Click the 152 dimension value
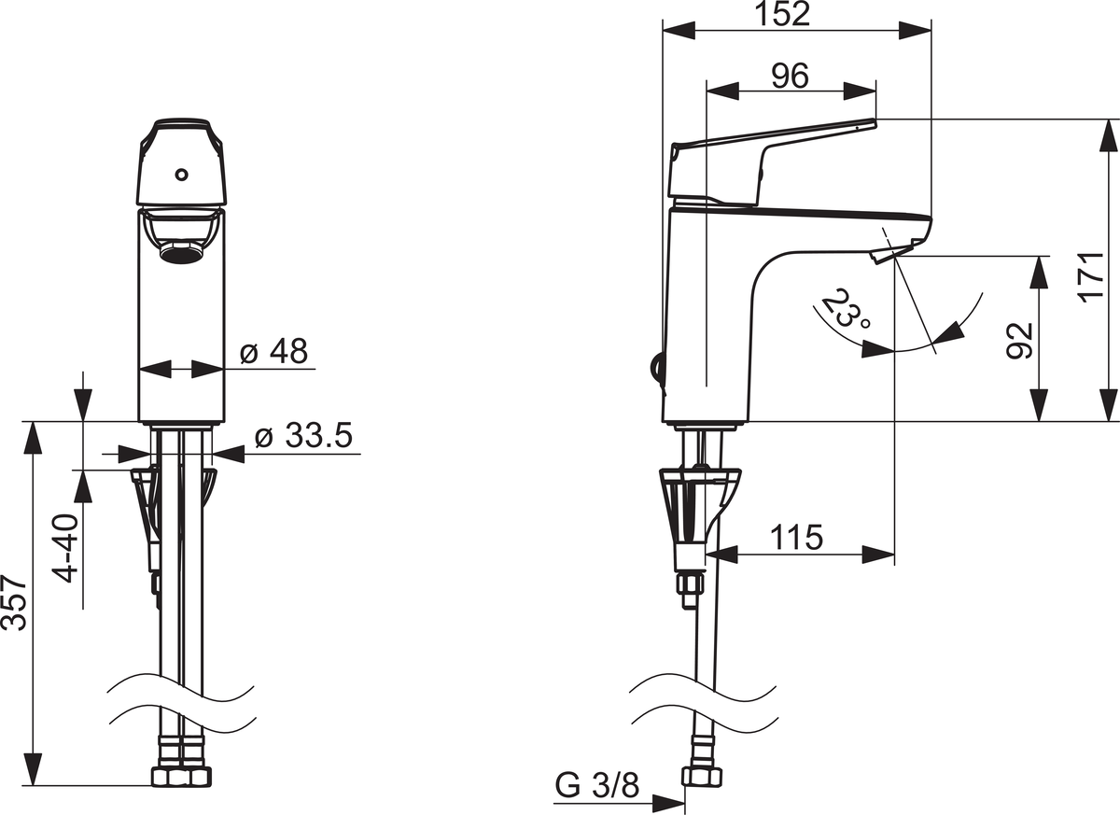[x=782, y=15]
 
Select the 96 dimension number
[x=790, y=77]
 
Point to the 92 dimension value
[x=1019, y=341]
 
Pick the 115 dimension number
[x=796, y=538]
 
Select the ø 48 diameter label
[x=274, y=351]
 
